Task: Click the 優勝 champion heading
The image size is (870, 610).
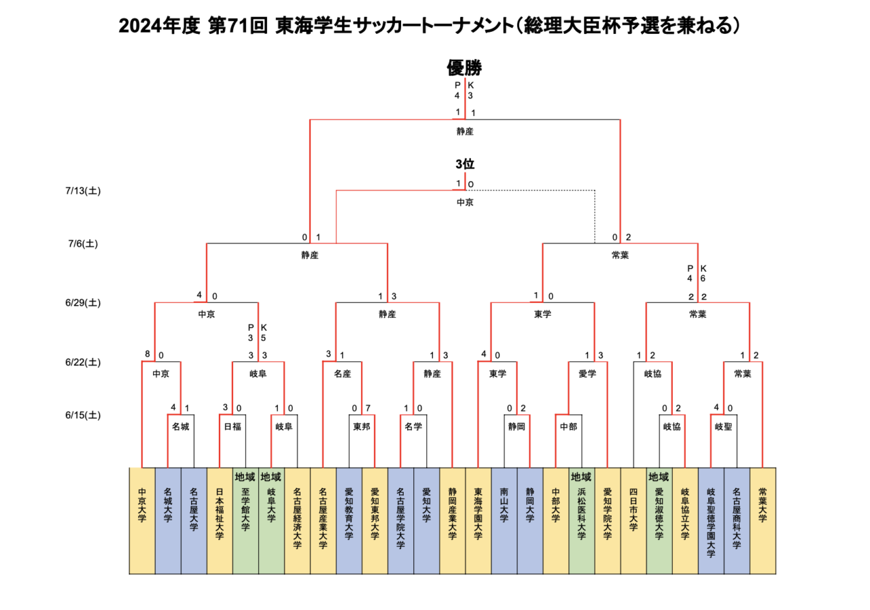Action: click(464, 68)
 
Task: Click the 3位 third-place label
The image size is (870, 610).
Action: click(465, 164)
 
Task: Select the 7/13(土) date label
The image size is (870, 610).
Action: click(84, 191)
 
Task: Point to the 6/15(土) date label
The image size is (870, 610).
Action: click(84, 415)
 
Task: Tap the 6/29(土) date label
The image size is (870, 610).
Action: click(84, 303)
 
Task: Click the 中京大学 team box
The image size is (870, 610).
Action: click(142, 520)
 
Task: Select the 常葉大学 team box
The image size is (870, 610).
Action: click(763, 520)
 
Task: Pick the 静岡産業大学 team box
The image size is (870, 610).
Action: click(453, 520)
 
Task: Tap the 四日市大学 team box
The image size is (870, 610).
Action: click(633, 520)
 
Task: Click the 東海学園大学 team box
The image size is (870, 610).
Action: click(478, 520)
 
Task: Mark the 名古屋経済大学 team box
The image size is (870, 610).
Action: click(297, 520)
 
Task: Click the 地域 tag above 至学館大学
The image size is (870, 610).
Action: click(245, 476)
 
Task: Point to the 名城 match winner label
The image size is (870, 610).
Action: click(181, 427)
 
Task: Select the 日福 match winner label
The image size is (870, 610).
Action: click(232, 427)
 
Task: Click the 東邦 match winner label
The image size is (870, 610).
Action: click(362, 427)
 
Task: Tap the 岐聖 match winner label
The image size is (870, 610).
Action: click(723, 427)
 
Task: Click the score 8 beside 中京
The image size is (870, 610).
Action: click(147, 354)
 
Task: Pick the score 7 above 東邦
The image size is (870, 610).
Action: click(367, 408)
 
